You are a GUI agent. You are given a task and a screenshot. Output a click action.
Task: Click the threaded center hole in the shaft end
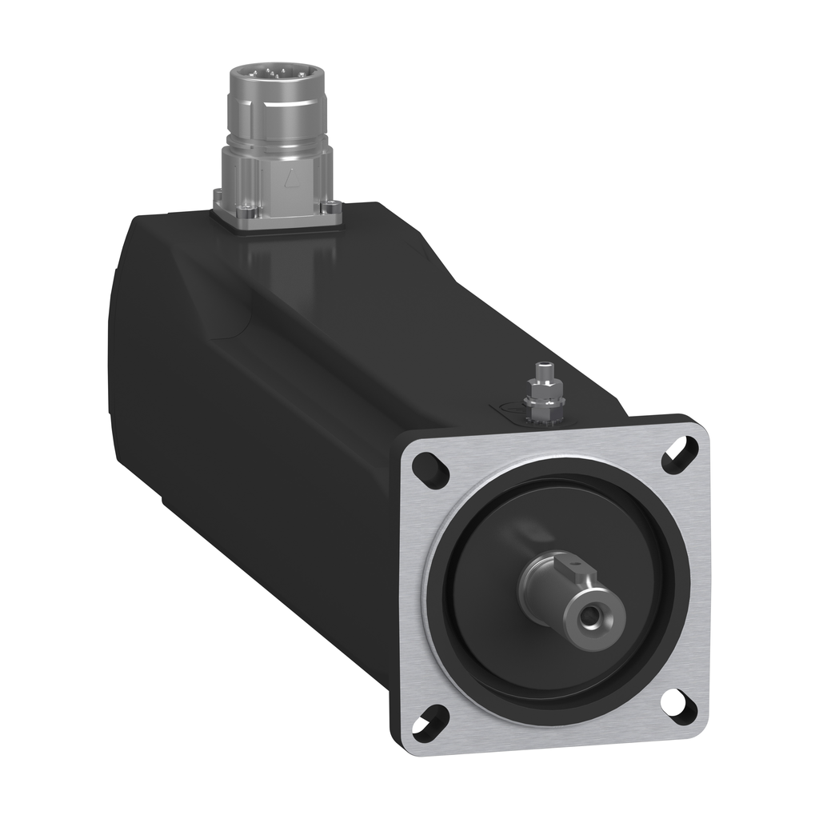(593, 616)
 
